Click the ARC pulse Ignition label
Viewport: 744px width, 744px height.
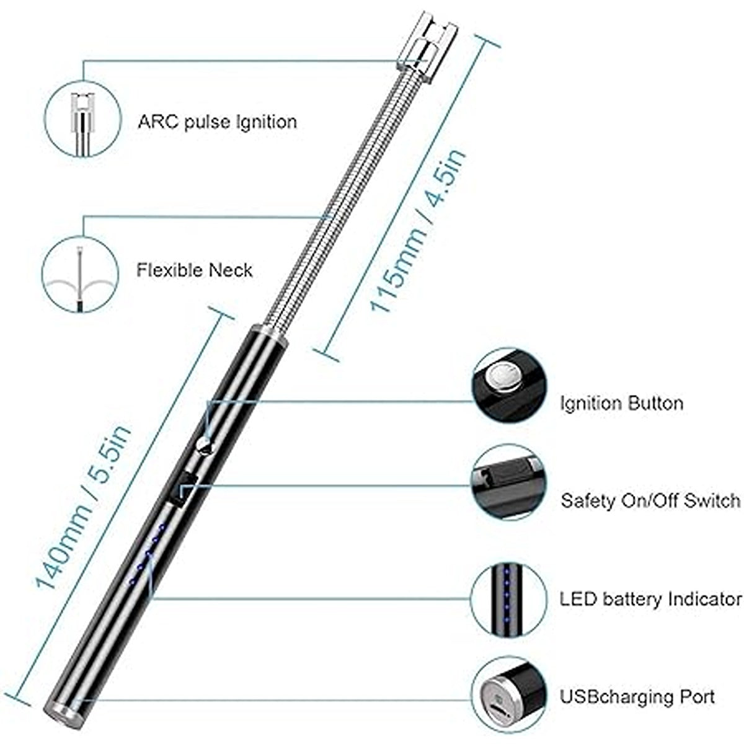[217, 121]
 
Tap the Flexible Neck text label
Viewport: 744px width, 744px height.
[195, 270]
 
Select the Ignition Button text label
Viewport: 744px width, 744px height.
[621, 404]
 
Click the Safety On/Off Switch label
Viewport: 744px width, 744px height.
[650, 500]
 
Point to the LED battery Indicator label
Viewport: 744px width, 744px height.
[650, 599]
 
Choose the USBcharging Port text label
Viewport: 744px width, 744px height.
[637, 696]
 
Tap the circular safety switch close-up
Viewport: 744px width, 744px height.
[510, 482]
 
